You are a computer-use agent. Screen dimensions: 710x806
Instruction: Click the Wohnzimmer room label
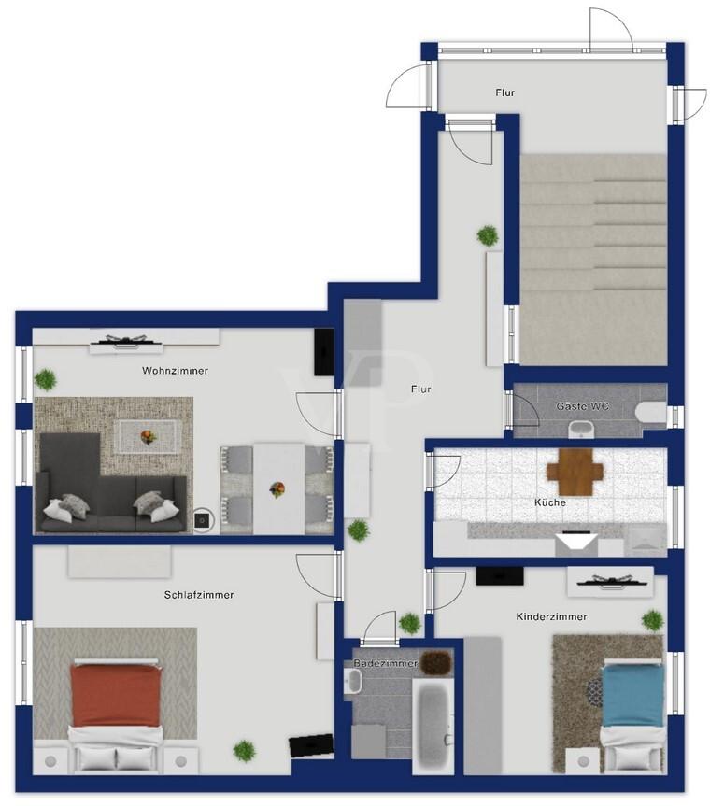175,370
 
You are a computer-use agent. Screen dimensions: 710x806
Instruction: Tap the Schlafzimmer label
199,595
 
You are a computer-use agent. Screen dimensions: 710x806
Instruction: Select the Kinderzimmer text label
551,616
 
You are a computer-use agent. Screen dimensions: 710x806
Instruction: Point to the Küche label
550,502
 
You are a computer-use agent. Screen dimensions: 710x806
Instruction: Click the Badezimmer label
386,663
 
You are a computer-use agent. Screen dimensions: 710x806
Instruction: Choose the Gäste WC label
583,406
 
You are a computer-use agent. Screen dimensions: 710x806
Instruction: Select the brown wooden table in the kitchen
575,472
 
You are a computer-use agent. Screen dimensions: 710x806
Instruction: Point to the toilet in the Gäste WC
651,412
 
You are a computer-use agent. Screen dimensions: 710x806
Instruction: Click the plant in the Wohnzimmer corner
45,380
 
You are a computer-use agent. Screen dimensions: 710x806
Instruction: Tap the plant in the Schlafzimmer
244,751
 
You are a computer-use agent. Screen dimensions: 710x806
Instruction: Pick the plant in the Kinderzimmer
652,620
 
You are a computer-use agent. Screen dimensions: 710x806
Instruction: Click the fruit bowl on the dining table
277,488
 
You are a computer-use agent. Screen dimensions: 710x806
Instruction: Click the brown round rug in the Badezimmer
436,661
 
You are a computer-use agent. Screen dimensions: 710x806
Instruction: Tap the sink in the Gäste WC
581,428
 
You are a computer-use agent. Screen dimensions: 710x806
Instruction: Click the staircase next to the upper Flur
594,260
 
